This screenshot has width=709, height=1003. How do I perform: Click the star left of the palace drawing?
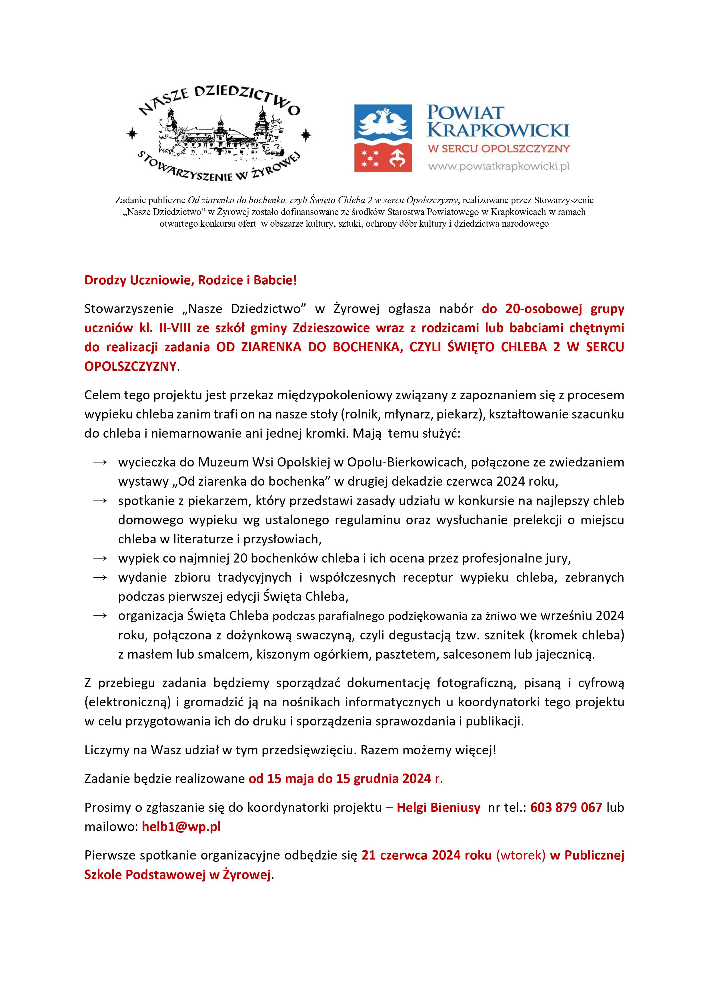pyautogui.click(x=131, y=135)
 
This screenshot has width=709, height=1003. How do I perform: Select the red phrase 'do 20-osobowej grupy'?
pyautogui.click(x=553, y=309)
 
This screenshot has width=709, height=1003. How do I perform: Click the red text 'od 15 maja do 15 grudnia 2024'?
pyautogui.click(x=340, y=778)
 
